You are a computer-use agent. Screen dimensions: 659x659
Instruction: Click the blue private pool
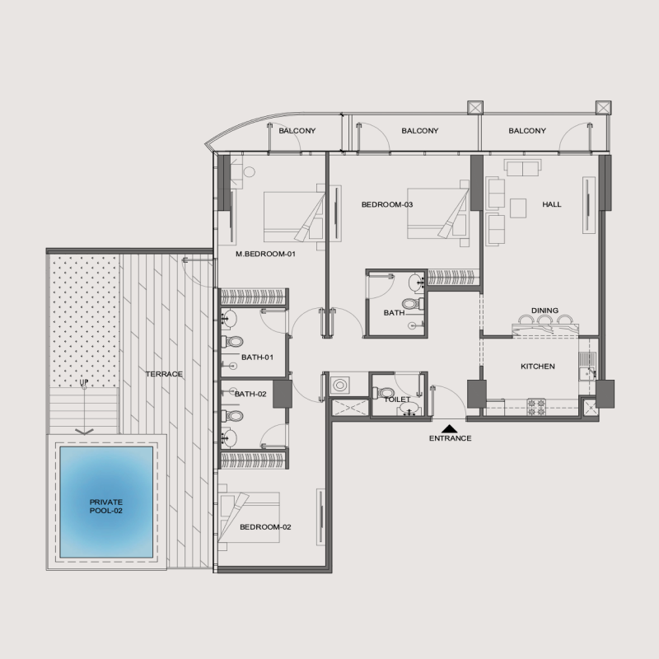[x=105, y=501]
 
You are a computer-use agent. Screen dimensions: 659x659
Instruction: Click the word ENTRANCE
[x=450, y=438]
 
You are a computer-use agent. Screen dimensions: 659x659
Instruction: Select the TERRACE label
[x=164, y=374]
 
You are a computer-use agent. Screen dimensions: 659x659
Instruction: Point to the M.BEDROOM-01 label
[x=265, y=255]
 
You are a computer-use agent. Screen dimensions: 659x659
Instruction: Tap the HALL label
[x=551, y=204]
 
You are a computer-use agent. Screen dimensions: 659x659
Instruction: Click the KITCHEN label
[x=537, y=366]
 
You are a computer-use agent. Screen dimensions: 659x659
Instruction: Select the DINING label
[x=544, y=311]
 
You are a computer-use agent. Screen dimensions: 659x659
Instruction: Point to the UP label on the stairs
[x=83, y=384]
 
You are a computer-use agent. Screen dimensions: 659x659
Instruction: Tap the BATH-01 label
[x=256, y=357]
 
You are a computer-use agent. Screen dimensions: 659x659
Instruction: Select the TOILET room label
[x=397, y=399]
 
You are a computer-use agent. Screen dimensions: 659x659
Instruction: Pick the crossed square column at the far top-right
[x=603, y=107]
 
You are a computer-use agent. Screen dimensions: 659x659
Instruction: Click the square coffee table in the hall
[x=519, y=205]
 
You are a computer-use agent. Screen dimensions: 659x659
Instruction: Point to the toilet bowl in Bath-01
[x=234, y=341]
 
